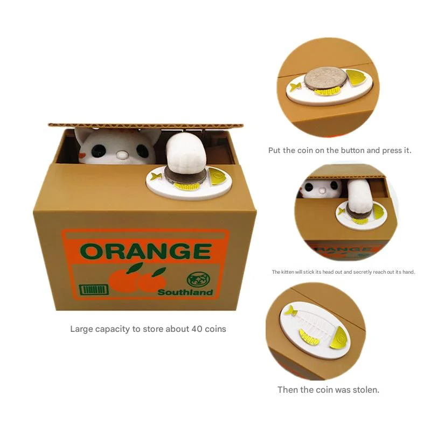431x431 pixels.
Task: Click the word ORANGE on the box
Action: coord(145,252)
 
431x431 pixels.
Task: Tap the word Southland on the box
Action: coord(185,293)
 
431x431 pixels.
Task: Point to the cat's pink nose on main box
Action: coord(123,156)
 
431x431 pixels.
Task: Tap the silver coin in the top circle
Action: coord(324,79)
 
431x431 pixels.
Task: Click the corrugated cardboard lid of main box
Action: coord(145,126)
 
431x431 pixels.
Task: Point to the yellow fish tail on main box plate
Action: coord(157,176)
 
